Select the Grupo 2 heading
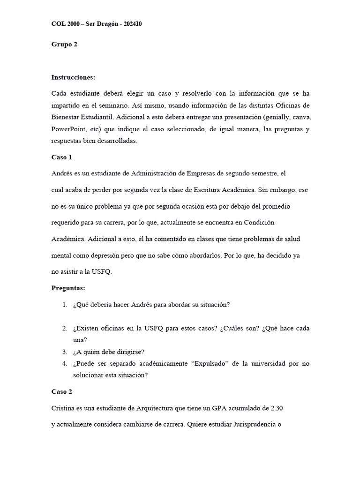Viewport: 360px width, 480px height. click(64, 45)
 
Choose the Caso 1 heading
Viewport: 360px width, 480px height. click(61, 157)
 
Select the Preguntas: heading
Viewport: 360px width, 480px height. click(67, 288)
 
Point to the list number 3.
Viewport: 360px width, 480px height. click(65, 352)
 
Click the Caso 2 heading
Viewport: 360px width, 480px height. click(61, 391)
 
